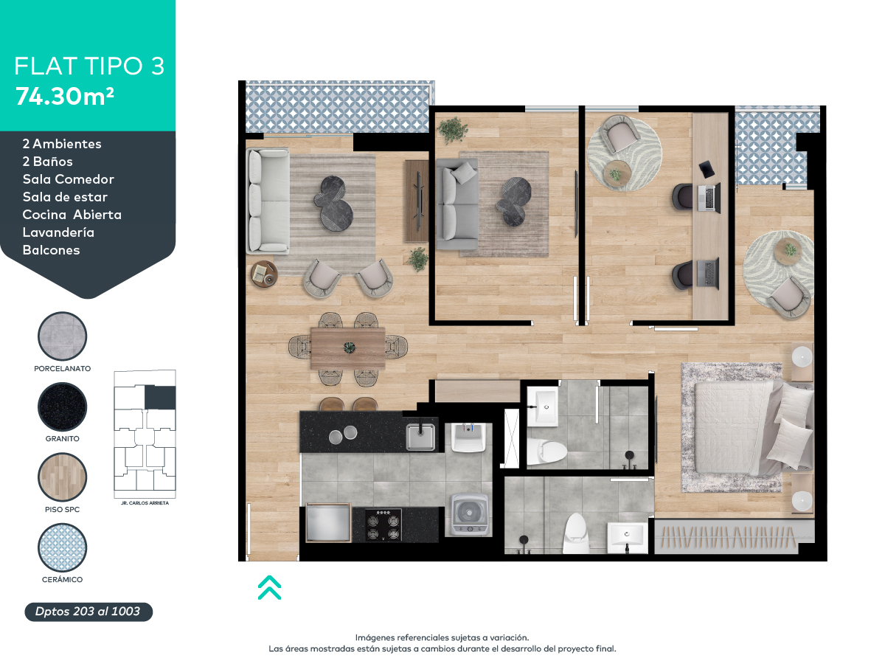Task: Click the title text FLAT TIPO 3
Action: coord(88,66)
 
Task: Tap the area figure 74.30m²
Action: coord(65,96)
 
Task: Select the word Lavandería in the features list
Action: coord(58,232)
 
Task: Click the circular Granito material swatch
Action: coord(63,407)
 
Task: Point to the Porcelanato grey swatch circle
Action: coord(63,336)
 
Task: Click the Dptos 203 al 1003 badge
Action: coord(88,612)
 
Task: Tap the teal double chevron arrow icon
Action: coord(269,587)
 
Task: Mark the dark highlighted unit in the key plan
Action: coord(161,398)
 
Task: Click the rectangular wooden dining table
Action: coord(347,347)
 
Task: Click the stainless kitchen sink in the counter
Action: coord(421,435)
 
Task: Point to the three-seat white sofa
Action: coord(267,201)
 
